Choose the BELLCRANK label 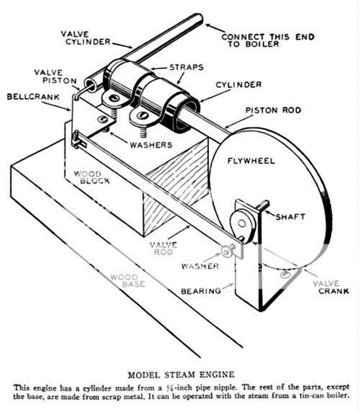30,97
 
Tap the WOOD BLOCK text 92,178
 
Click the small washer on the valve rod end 226,251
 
